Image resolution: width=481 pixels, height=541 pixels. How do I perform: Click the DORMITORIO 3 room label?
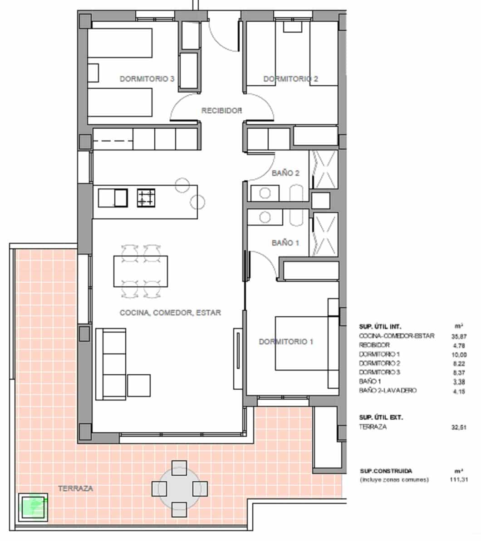(x=147, y=79)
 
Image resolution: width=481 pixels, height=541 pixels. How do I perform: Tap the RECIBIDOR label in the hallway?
(x=221, y=111)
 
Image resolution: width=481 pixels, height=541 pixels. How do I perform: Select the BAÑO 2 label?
(x=285, y=173)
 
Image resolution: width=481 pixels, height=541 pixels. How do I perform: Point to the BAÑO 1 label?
(x=285, y=243)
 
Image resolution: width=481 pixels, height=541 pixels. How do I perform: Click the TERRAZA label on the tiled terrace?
(x=75, y=488)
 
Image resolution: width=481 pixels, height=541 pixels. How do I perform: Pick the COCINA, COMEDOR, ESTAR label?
(x=170, y=313)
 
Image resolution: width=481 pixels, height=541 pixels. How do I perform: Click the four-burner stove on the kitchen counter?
(x=146, y=198)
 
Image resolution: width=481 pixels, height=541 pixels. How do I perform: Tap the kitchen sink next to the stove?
(x=113, y=198)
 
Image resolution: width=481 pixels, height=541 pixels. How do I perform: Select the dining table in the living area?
(x=141, y=271)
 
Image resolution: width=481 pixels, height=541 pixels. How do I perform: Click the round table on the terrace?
(x=179, y=488)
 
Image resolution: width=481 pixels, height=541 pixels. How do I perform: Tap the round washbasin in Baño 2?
(x=265, y=193)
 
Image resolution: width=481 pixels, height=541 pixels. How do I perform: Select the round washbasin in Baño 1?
(x=265, y=217)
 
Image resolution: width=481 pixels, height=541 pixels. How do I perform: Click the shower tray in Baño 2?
(x=324, y=169)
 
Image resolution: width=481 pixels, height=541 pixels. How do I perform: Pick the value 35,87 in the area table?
(x=459, y=336)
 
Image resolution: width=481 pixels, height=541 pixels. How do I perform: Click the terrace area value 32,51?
(x=459, y=427)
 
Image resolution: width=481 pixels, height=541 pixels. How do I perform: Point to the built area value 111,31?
(x=459, y=479)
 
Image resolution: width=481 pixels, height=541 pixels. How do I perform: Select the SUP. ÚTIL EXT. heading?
(x=381, y=417)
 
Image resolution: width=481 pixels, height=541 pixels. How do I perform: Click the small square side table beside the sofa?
(x=139, y=386)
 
